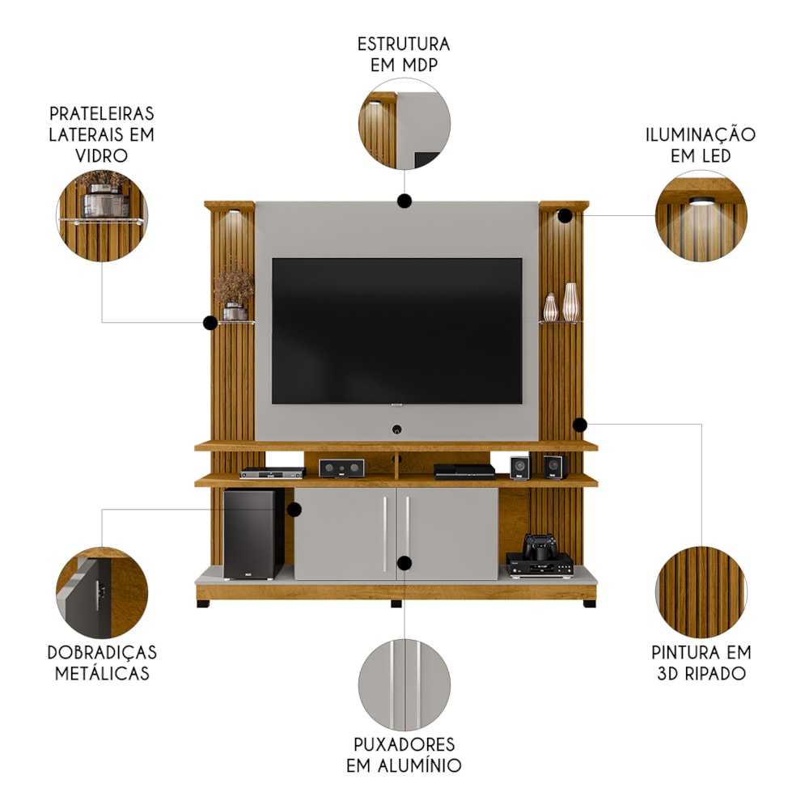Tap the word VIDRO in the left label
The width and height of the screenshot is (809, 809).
(x=102, y=155)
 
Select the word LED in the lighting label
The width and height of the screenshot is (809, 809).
(x=714, y=155)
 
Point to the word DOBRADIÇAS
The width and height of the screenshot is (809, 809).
(x=102, y=652)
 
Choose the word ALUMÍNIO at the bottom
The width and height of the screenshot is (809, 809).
(x=419, y=765)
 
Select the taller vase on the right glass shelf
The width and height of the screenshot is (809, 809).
(x=570, y=302)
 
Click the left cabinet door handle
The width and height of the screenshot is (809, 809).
(x=385, y=534)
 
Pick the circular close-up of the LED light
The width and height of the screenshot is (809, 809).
(x=701, y=216)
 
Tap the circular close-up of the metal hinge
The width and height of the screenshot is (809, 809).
(x=102, y=593)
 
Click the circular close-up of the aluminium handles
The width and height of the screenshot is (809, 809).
(x=404, y=685)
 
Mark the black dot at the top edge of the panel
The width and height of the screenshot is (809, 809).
(x=404, y=201)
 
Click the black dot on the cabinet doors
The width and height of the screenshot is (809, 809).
(x=404, y=563)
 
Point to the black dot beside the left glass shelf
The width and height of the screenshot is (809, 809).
(x=210, y=323)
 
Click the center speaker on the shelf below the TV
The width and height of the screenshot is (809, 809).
(x=341, y=468)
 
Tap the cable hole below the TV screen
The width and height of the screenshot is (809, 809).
(x=396, y=430)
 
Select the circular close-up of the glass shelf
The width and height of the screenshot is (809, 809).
(x=102, y=216)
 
